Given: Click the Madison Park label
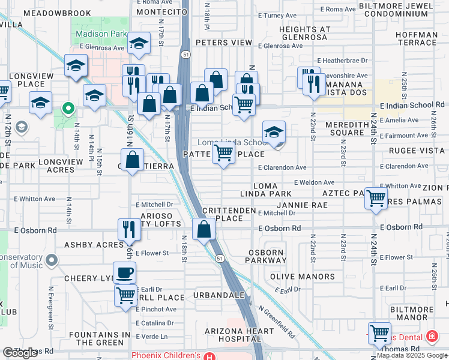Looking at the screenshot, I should [101, 34].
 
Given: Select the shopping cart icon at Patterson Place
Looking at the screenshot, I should [223, 154].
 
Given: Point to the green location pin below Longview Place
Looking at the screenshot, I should [68, 109].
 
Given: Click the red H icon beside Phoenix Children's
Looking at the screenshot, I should [209, 356].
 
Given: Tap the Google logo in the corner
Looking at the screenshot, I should [20, 353].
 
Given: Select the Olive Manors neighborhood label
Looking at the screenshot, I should [303, 277].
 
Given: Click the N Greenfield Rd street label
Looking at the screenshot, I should [277, 322].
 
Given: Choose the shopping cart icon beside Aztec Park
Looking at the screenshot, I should [376, 197].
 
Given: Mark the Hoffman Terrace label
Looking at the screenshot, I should [417, 39].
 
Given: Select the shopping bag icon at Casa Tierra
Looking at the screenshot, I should [134, 160].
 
